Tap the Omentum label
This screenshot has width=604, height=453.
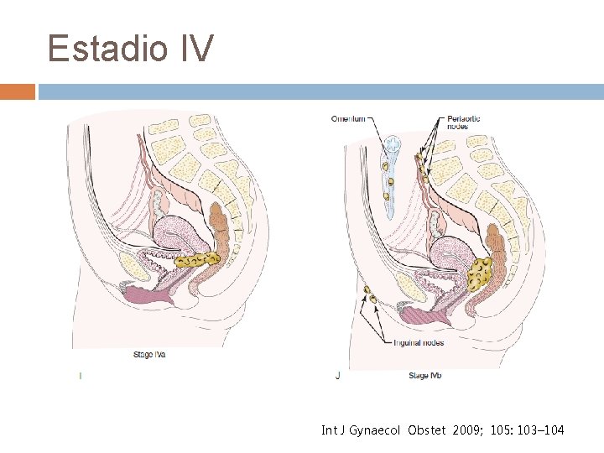(x=348, y=119)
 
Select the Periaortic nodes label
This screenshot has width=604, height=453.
(x=463, y=122)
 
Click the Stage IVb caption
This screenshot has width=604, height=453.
(x=424, y=375)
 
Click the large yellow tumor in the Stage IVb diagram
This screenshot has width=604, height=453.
(x=481, y=273)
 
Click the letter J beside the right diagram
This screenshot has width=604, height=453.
(x=337, y=376)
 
